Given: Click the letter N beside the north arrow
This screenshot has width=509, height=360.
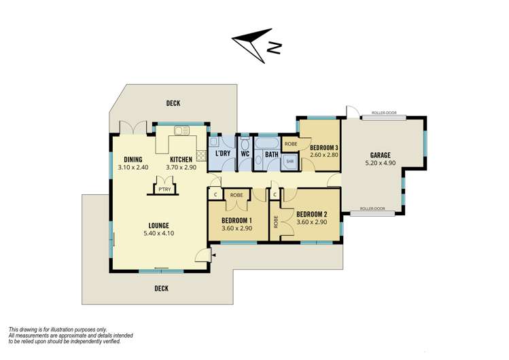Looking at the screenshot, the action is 274,48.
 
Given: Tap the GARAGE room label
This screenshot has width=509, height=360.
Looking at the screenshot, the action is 380,156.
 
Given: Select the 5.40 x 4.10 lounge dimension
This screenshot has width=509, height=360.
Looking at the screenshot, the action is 159,233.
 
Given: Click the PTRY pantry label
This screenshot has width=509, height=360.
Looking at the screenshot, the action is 165,190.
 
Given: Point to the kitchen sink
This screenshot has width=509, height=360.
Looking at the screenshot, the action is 182,130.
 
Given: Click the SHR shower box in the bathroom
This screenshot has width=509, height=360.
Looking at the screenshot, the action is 289,161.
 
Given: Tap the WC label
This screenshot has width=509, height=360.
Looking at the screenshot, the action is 245,154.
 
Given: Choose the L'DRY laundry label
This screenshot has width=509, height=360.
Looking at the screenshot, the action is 223,154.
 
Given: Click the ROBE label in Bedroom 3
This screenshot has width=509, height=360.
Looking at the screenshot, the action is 291,144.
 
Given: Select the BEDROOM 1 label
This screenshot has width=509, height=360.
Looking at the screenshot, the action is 236,221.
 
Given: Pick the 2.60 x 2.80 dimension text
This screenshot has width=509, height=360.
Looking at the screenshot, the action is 324,155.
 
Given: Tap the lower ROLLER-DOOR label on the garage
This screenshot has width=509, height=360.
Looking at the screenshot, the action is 372,209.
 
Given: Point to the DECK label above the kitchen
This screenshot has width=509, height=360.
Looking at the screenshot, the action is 173,103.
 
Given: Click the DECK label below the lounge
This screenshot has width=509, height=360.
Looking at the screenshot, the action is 161,288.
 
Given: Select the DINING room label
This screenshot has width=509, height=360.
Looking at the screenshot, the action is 133,160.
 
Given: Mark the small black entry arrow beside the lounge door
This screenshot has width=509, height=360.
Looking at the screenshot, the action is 213,255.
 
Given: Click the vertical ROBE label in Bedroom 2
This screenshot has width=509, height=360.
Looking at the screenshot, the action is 276,222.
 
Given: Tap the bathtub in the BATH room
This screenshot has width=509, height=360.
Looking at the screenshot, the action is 266,143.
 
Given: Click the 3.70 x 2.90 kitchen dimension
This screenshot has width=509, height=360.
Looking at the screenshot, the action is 181,168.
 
